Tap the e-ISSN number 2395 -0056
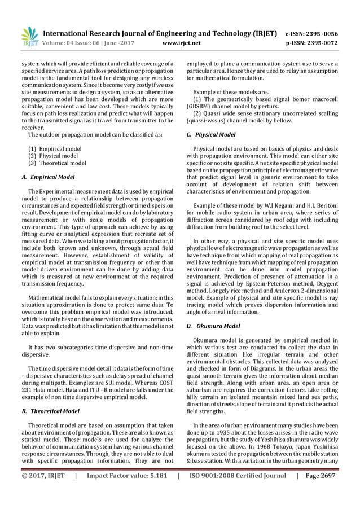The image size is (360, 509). (324, 32)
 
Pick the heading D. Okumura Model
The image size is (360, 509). (213, 326)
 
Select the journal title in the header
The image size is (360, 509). (160, 32)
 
